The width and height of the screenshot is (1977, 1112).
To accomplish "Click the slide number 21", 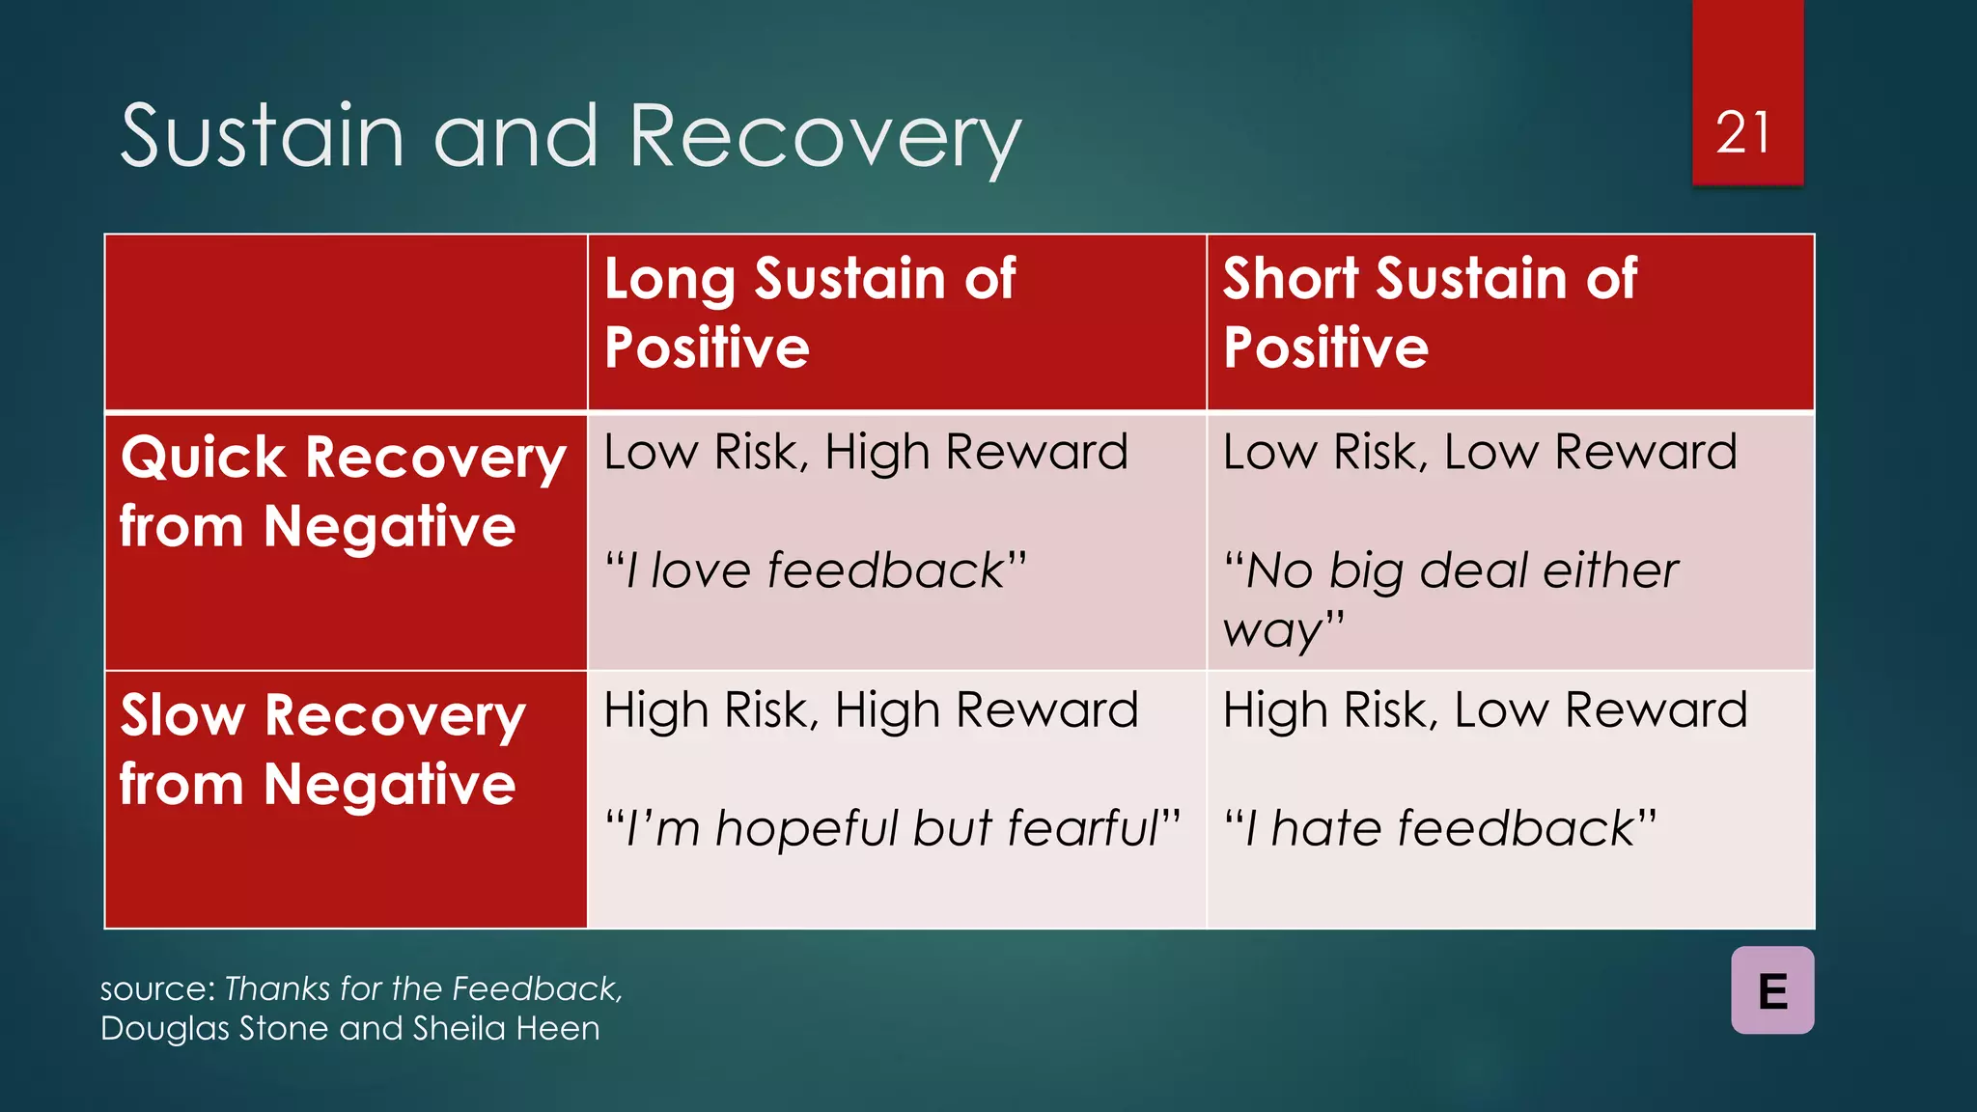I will point(1743,132).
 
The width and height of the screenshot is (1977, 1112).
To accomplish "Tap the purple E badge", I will point(1772,990).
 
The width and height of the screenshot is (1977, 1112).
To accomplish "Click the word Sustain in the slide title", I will point(262,136).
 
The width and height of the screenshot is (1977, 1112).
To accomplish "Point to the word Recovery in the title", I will point(825,138).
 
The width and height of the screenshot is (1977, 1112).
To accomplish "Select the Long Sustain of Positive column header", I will point(809,312).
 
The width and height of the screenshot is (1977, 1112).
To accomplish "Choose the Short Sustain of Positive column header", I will point(1429,312).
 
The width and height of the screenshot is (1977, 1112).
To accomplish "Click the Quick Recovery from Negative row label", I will point(343,491).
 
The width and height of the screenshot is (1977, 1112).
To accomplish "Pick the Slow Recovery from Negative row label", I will point(322,749).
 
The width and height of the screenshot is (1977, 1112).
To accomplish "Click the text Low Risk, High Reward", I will point(866,452).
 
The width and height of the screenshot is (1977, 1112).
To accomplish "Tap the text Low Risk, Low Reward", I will point(1479,452).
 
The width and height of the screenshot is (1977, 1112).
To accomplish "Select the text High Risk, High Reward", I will point(871,710).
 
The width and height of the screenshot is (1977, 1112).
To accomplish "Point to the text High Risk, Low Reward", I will point(1485,710).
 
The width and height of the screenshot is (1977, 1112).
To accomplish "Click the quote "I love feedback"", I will point(816,570).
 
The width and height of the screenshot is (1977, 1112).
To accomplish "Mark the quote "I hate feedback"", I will point(1440,828).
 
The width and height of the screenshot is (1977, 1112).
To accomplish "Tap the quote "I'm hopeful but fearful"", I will point(892,828).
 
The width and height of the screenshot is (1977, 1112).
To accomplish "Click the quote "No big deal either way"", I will point(1450,598).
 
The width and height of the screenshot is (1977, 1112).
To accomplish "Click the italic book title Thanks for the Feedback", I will point(423,988).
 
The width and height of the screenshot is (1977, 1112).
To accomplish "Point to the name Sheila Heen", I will point(506,1029).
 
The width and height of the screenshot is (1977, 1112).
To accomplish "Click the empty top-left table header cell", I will point(346,322).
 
